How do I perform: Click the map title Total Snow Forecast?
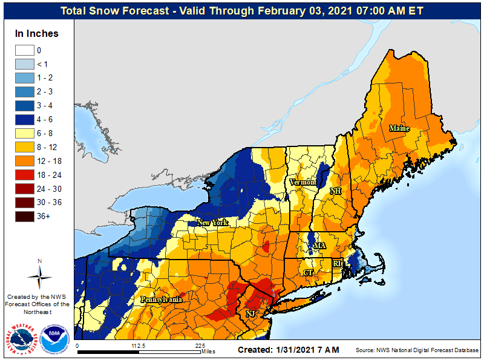pyautogui.click(x=242, y=11)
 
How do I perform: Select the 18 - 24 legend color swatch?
pyautogui.click(x=25, y=174)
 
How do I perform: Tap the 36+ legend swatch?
pyautogui.click(x=25, y=215)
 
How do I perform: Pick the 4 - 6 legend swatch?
pyautogui.click(x=25, y=120)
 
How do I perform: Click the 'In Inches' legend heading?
pyautogui.click(x=37, y=34)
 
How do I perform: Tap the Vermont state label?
pyautogui.click(x=303, y=182)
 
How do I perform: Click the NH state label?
pyautogui.click(x=335, y=191)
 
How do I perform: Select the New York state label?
pyautogui.click(x=212, y=223)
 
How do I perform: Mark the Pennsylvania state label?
pyautogui.click(x=162, y=299)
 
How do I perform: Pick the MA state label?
pyautogui.click(x=319, y=246)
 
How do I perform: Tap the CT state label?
pyautogui.click(x=308, y=273)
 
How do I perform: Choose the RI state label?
pyautogui.click(x=338, y=263)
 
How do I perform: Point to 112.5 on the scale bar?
pyautogui.click(x=139, y=346)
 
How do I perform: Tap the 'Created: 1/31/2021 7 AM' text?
pyautogui.click(x=288, y=350)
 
